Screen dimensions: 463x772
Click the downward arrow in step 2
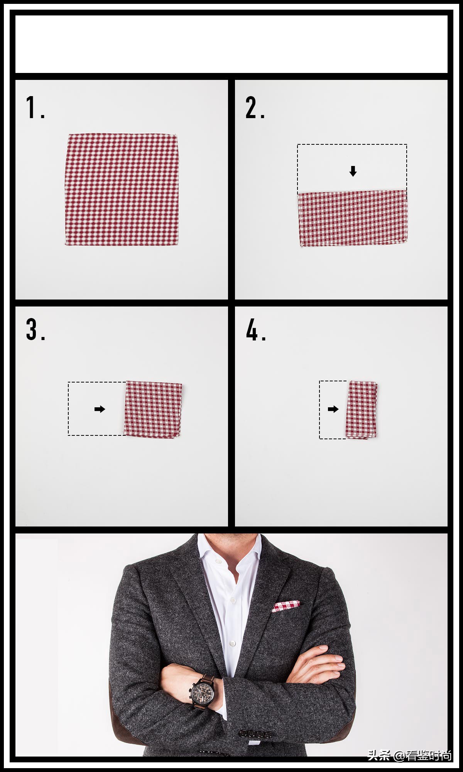353,171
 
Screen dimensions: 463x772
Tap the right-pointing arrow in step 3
100,409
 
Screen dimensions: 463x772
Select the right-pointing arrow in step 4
333,409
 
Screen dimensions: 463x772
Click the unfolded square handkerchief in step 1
122,190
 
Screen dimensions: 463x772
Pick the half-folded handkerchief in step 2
353,218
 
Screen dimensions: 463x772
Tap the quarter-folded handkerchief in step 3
153,409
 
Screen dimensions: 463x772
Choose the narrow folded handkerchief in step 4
362,410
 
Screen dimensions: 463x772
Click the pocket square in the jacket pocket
286,606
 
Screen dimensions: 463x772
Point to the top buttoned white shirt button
233,600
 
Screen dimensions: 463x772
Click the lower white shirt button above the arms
232,643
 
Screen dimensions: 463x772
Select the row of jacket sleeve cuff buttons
256,733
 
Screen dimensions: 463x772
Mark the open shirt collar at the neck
230,556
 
